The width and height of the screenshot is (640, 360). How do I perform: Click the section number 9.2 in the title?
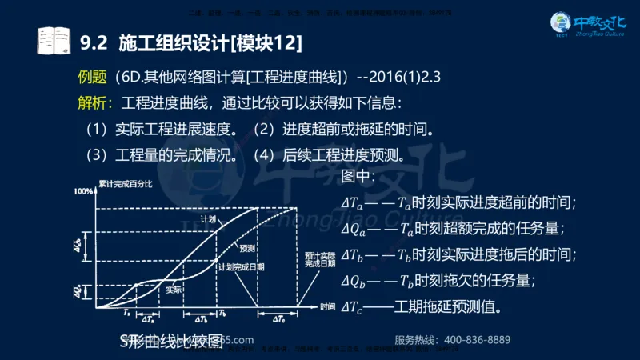95,39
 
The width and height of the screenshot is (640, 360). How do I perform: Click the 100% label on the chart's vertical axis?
84,192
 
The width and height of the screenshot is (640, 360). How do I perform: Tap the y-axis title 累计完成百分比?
126,183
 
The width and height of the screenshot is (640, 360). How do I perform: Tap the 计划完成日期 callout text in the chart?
241,266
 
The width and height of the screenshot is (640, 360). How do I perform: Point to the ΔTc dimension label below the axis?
278,320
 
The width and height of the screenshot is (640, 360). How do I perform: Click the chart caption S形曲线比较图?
169,341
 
